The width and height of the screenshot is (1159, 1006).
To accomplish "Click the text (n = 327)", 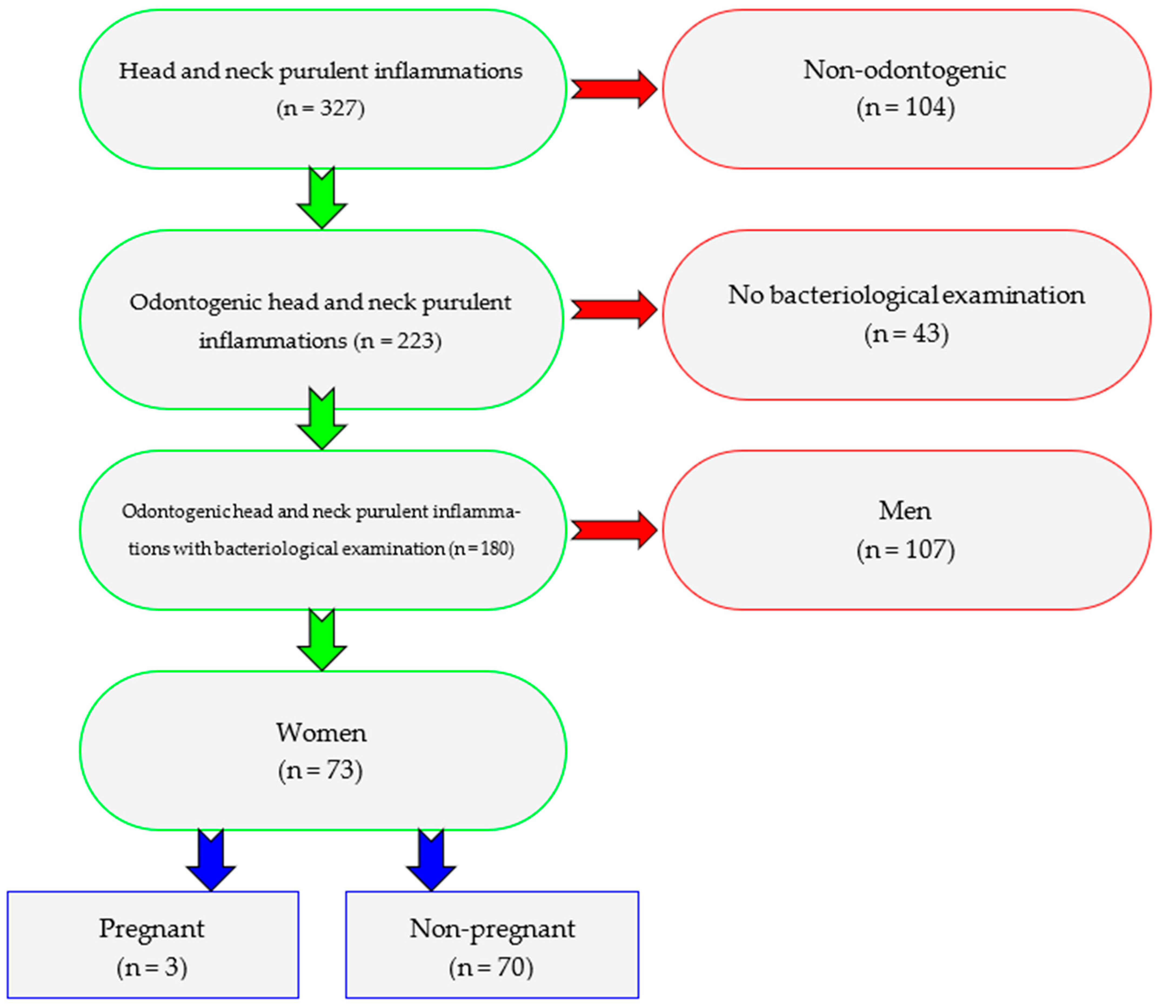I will tap(320, 108).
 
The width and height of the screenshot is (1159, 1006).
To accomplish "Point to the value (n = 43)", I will tap(906, 333).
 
